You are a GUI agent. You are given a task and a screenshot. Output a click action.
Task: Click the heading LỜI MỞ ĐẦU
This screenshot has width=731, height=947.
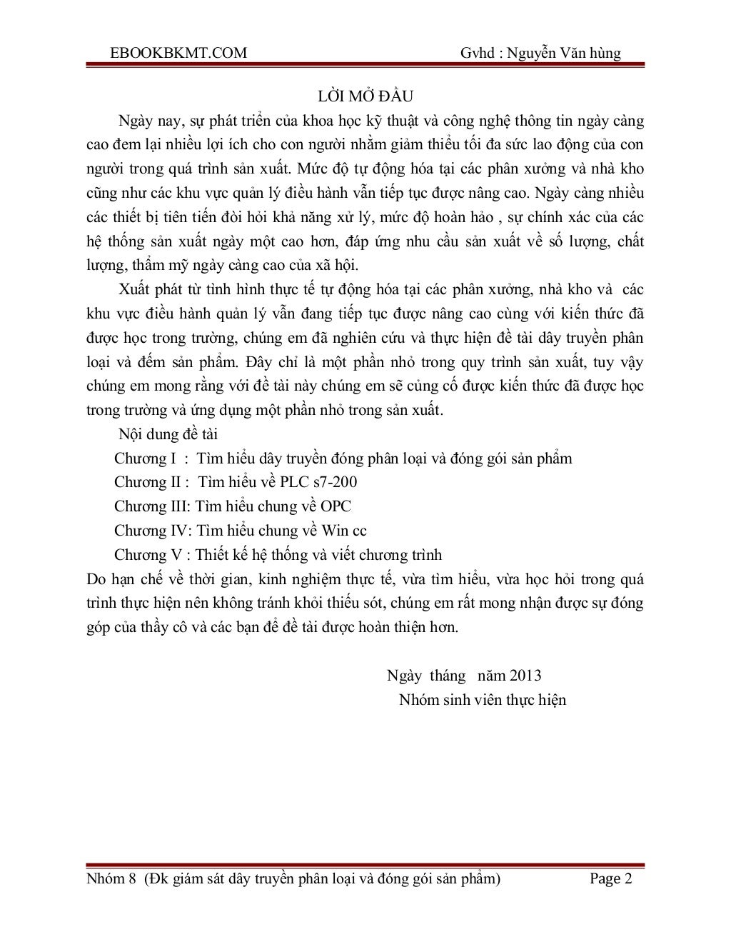click(365, 96)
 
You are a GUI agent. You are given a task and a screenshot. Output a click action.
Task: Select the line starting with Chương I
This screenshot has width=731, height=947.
click(343, 459)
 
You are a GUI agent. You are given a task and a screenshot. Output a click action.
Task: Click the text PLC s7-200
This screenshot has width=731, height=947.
click(319, 482)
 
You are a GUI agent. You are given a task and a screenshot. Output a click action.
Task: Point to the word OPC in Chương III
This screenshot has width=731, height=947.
click(336, 506)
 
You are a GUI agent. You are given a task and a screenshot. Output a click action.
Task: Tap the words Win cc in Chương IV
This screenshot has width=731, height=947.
click(344, 531)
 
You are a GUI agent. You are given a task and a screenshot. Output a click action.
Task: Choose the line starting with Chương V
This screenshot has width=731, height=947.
click(278, 555)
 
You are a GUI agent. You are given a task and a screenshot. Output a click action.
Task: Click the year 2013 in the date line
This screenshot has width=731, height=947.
click(525, 676)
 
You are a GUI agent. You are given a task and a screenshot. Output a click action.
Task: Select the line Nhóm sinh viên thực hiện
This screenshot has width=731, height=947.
click(483, 700)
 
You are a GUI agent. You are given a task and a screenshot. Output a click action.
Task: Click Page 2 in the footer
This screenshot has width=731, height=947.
click(611, 879)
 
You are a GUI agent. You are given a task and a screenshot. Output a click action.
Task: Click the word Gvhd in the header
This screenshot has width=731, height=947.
click(477, 53)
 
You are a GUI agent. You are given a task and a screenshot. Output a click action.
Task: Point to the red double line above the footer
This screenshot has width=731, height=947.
click(365, 866)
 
